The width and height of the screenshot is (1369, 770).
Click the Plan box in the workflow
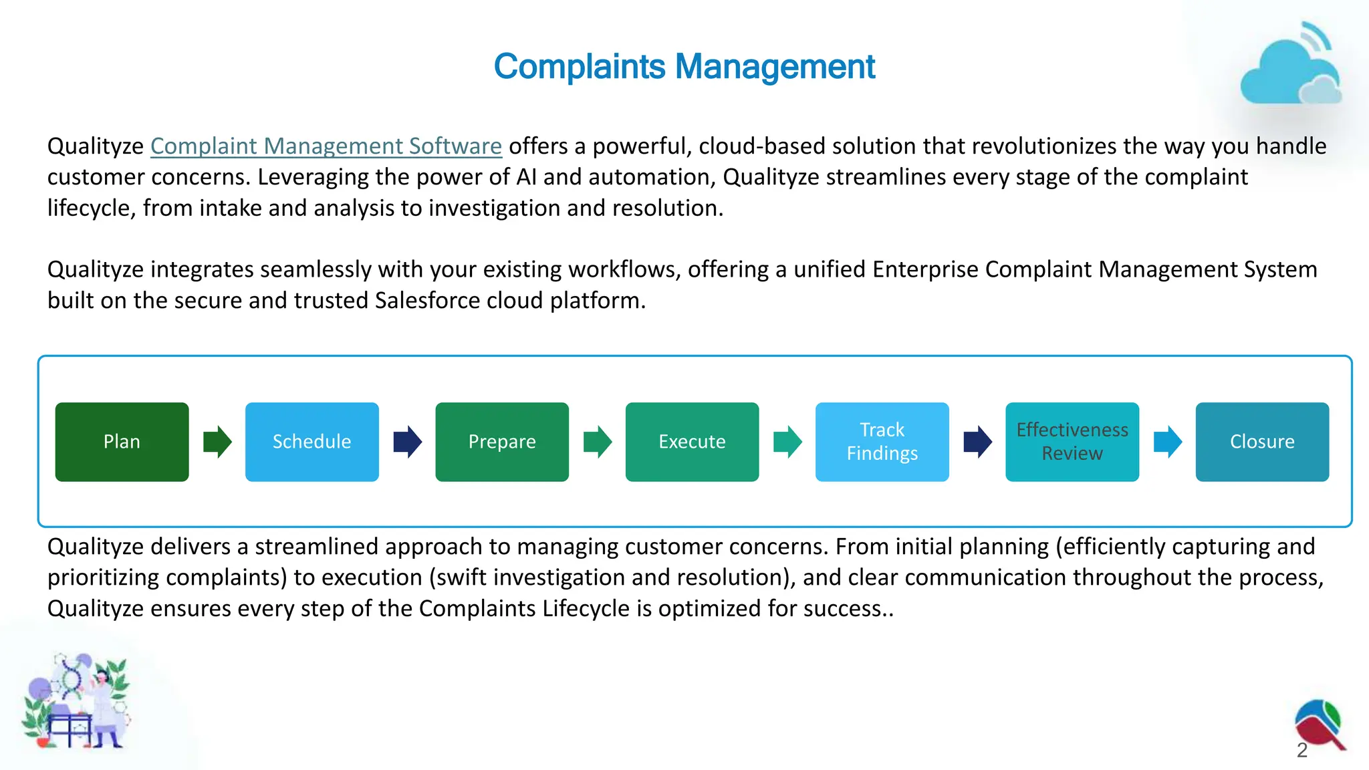click(122, 442)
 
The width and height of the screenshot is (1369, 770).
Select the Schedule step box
click(312, 442)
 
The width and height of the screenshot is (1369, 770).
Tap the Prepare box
click(502, 442)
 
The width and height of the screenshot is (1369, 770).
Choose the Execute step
click(692, 442)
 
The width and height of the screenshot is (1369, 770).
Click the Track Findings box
click(882, 442)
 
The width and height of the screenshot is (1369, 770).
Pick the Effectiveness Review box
click(1072, 442)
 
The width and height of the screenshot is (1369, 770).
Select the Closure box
click(1262, 442)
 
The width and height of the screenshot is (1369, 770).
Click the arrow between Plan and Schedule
click(217, 442)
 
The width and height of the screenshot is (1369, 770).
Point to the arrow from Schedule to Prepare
click(407, 442)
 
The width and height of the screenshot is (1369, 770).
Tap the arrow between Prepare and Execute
click(598, 442)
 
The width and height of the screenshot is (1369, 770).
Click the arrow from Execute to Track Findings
click(787, 442)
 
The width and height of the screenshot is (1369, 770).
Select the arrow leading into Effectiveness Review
click(977, 442)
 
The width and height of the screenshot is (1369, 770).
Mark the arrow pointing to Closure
click(1168, 442)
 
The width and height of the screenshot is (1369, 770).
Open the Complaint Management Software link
click(326, 146)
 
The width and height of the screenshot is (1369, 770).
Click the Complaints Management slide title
click(684, 67)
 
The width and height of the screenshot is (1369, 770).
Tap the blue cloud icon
click(1290, 70)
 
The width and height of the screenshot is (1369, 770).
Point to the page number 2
click(1302, 751)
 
